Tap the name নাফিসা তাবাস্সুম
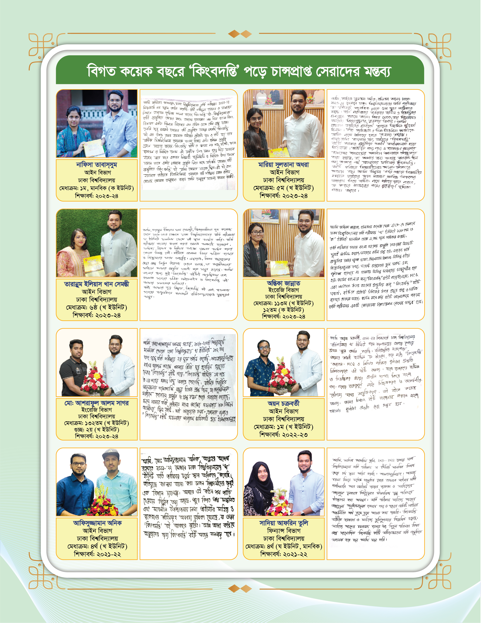point(96,165)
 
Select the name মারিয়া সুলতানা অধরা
point(284,165)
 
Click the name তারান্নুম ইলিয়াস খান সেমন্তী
point(96,284)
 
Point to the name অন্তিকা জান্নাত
point(284,283)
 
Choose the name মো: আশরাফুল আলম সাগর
point(96,403)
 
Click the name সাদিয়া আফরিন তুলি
point(284,523)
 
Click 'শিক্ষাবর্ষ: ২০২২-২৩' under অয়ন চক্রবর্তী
point(284,435)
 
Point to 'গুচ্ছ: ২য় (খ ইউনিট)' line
point(96,430)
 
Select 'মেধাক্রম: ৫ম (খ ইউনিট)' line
point(284,188)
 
